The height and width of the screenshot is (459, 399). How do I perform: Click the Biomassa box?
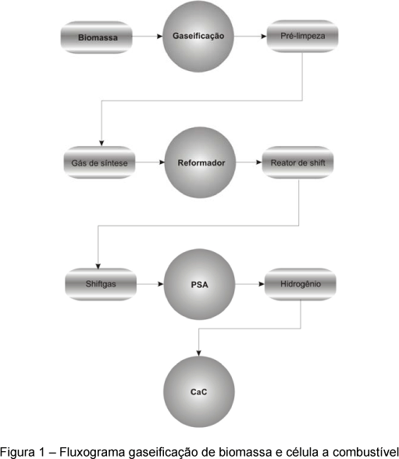[x=97, y=37]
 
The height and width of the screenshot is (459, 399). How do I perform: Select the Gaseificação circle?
[x=198, y=36]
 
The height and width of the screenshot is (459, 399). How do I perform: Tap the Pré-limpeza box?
[x=302, y=36]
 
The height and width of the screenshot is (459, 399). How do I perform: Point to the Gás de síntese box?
[x=99, y=162]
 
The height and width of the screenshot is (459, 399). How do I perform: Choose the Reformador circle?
[x=200, y=162]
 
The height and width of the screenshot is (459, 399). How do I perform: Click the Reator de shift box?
[x=297, y=162]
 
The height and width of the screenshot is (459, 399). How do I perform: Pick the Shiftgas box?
[x=101, y=284]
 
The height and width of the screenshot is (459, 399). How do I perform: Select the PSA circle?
[x=199, y=284]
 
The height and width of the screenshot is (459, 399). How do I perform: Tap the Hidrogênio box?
[x=301, y=284]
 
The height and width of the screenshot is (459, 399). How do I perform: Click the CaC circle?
[x=199, y=392]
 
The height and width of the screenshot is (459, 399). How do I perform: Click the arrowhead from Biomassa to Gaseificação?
[x=160, y=36]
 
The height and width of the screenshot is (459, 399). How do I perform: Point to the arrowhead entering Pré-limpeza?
[x=264, y=36]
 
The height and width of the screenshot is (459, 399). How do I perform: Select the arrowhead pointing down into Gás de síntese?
[x=102, y=143]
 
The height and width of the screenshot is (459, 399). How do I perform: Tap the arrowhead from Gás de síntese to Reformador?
[x=162, y=162]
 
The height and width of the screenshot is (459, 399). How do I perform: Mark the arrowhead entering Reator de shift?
[x=259, y=162]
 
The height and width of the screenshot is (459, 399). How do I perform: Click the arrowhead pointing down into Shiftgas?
[x=98, y=266]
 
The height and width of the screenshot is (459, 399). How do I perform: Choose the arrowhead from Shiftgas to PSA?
[x=161, y=284]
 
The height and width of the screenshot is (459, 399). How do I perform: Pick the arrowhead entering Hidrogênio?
[x=262, y=284]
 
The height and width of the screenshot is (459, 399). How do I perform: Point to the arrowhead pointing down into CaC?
[x=199, y=353]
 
